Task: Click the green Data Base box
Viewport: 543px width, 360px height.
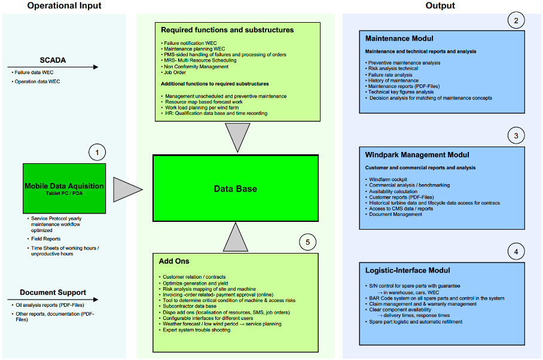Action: (236, 188)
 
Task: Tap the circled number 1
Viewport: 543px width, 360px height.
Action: (97, 152)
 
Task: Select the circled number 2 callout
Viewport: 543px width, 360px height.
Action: (516, 20)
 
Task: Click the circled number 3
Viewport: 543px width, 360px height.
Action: (516, 136)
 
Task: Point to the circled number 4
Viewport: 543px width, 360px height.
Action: (516, 252)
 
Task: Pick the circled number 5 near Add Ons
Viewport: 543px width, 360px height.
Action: (307, 242)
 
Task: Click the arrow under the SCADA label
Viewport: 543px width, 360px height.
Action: (53, 67)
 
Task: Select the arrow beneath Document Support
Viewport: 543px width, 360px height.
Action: (53, 300)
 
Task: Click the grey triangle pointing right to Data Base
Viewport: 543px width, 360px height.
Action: (128, 190)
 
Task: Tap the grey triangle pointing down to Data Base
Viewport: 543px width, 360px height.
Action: (237, 136)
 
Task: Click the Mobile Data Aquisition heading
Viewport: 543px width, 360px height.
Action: (64, 186)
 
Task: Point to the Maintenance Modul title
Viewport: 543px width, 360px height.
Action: (399, 38)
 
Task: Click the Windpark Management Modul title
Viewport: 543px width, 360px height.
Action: (417, 155)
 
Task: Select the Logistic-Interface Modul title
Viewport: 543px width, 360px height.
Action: (408, 270)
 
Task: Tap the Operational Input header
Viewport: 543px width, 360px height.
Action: (65, 5)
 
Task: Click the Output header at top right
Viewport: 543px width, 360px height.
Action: (440, 5)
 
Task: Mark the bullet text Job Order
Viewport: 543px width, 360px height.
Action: (175, 72)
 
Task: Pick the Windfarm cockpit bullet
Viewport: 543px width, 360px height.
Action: (388, 179)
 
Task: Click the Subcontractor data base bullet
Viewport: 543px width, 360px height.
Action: (190, 306)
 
